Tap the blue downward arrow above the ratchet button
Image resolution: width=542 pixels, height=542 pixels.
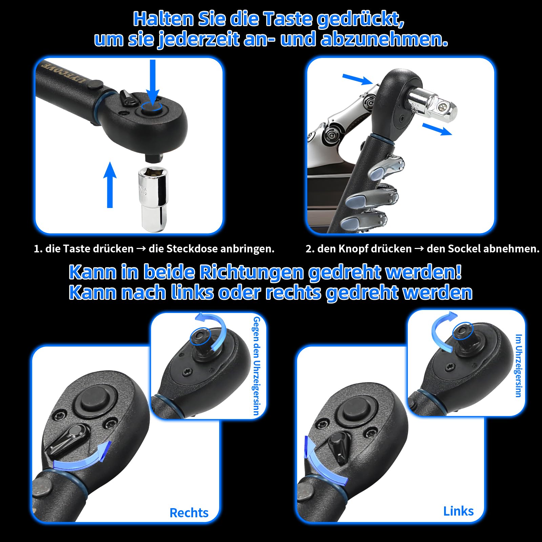(153, 81)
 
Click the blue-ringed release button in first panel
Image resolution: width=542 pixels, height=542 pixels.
(151, 108)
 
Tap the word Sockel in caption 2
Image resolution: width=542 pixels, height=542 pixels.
(463, 249)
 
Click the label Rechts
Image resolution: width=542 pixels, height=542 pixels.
(189, 513)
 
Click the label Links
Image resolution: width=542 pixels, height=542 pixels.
(458, 511)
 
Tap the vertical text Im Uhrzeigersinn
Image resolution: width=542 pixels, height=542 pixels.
(518, 366)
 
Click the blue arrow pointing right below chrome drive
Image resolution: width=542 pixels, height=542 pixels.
(437, 129)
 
